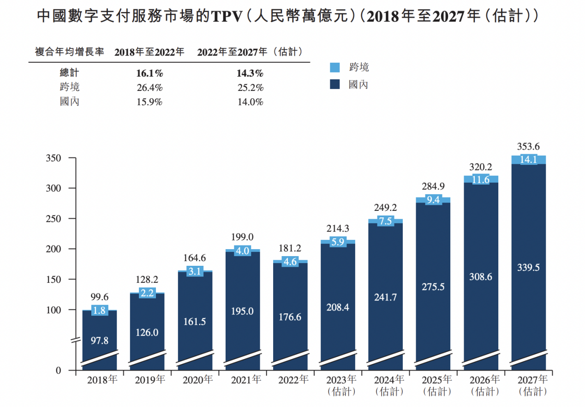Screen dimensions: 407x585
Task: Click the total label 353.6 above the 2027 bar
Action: click(528, 147)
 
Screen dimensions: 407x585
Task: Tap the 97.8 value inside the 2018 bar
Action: click(100, 341)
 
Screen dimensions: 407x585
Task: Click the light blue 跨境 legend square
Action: click(335, 67)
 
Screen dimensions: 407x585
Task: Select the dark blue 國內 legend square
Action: click(335, 84)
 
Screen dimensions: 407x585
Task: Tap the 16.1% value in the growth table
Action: click(149, 73)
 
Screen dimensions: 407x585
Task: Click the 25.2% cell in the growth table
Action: click(250, 88)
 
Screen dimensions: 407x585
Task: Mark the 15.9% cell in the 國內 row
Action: click(149, 102)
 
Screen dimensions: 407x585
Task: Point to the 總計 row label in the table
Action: click(70, 73)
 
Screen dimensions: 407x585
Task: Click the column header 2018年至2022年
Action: click(149, 52)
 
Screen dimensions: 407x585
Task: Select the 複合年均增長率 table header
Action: click(70, 52)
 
